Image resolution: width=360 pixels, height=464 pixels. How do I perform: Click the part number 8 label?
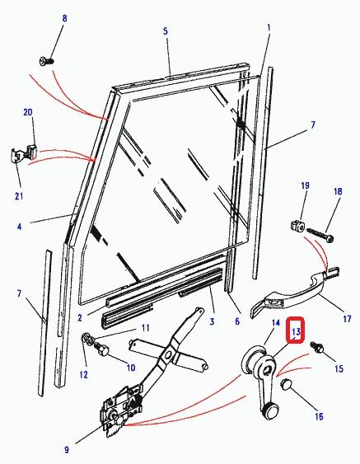pyautogui.click(x=64, y=18)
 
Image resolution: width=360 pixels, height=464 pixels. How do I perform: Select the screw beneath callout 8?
pyautogui.click(x=47, y=61)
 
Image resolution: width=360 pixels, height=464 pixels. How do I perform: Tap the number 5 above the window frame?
pyautogui.click(x=166, y=30)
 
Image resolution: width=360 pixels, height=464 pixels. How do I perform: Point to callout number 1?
pyautogui.click(x=269, y=28)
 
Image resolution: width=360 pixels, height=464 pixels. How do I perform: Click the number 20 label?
pyautogui.click(x=28, y=112)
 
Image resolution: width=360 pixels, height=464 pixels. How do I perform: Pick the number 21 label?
pyautogui.click(x=19, y=196)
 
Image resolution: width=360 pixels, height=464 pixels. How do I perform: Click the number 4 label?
pyautogui.click(x=19, y=227)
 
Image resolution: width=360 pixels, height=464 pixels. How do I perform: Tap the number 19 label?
pyautogui.click(x=305, y=185)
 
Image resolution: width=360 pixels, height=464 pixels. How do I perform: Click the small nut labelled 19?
pyautogui.click(x=297, y=227)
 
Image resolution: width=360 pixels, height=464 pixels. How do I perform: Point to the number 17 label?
pyautogui.click(x=347, y=318)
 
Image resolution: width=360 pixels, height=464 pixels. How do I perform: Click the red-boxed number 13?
pyautogui.click(x=296, y=331)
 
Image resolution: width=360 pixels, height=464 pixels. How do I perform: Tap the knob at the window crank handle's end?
pyautogui.click(x=270, y=411)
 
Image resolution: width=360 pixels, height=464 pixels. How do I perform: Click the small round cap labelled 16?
pyautogui.click(x=287, y=384)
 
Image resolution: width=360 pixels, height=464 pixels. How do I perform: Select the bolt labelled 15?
pyautogui.click(x=317, y=347)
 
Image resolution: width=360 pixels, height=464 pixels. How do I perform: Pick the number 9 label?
pyautogui.click(x=67, y=450)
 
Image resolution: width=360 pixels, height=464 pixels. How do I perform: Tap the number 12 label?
pyautogui.click(x=84, y=375)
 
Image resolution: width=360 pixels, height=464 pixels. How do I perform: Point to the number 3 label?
pyautogui.click(x=212, y=321)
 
